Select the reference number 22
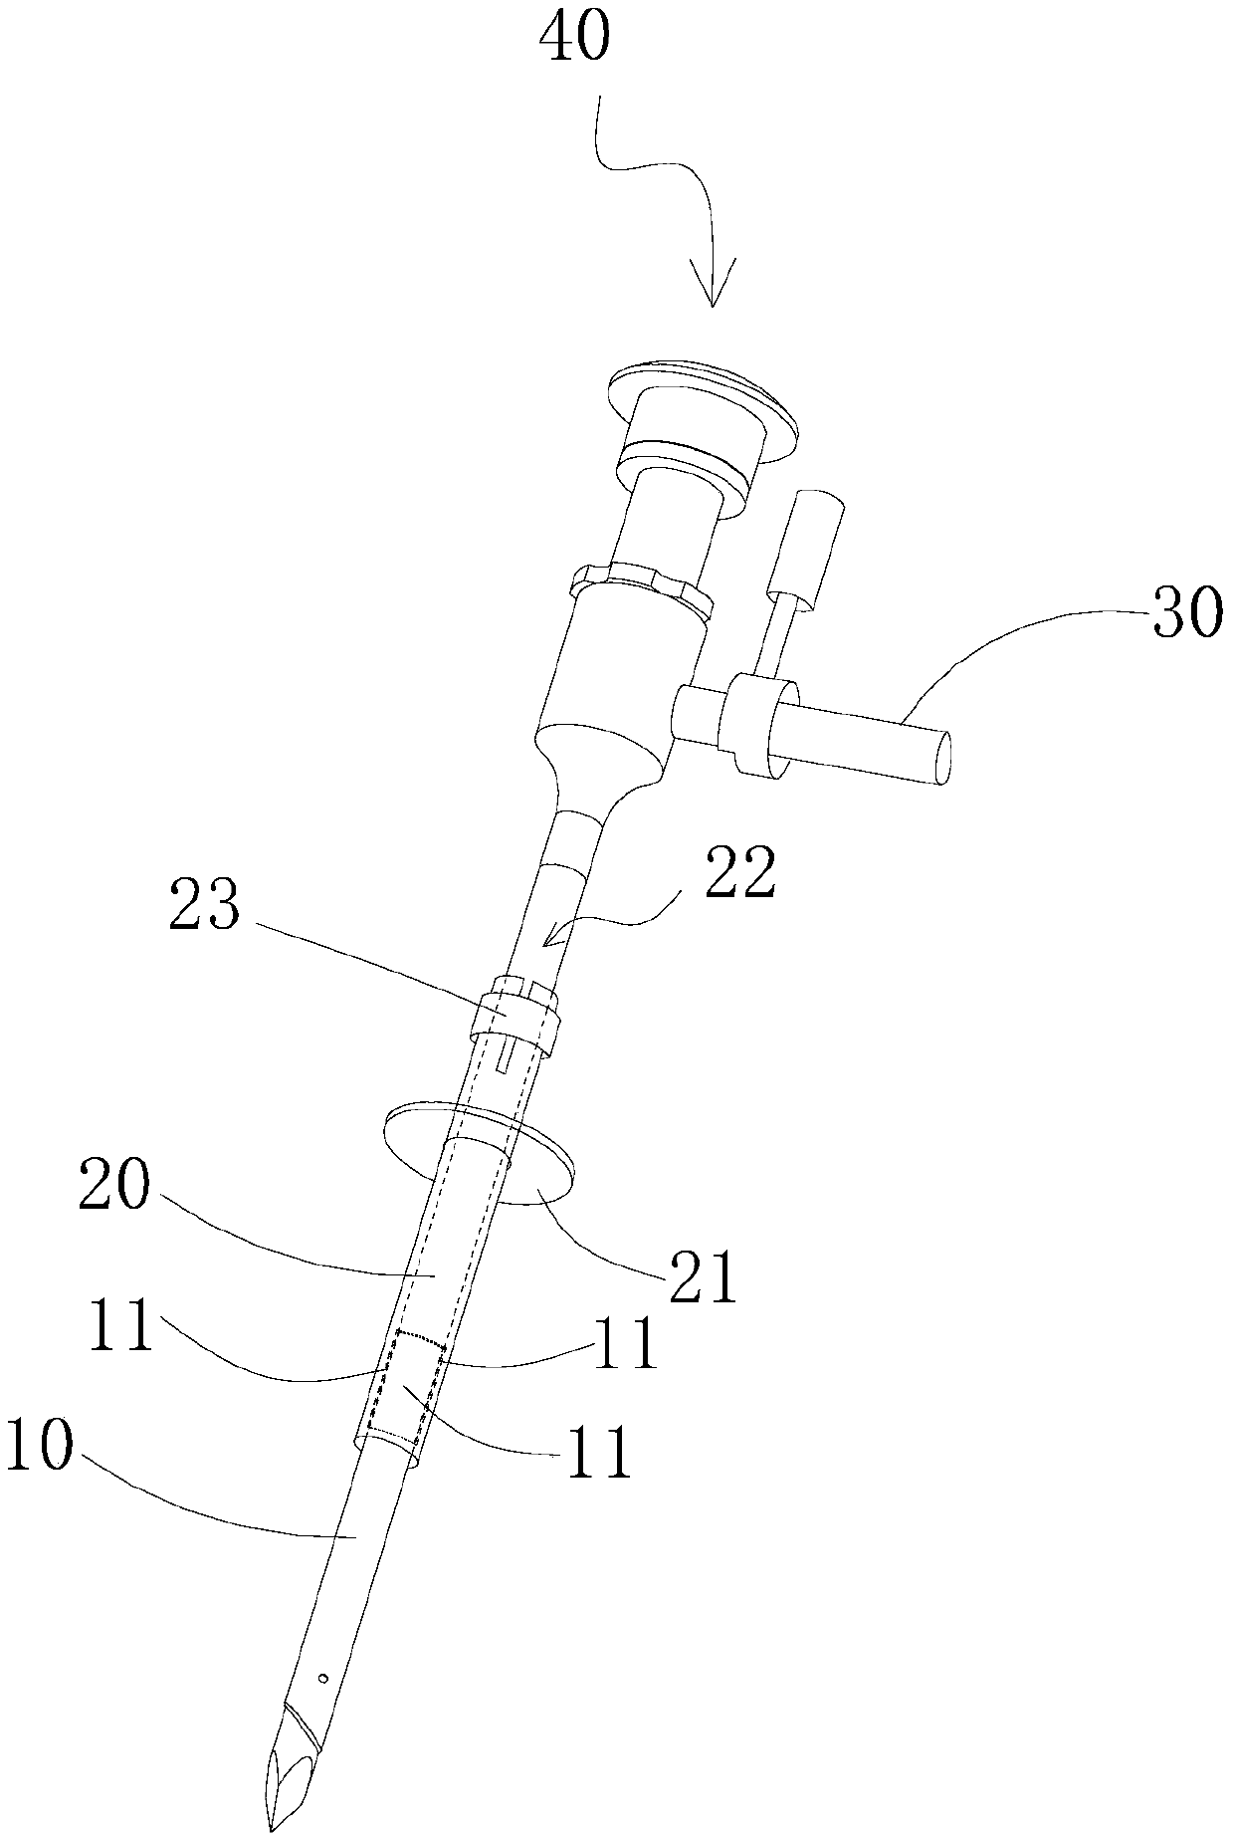click(738, 874)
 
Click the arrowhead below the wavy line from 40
click(712, 284)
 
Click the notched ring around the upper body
click(642, 586)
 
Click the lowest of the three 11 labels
click(596, 1453)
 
